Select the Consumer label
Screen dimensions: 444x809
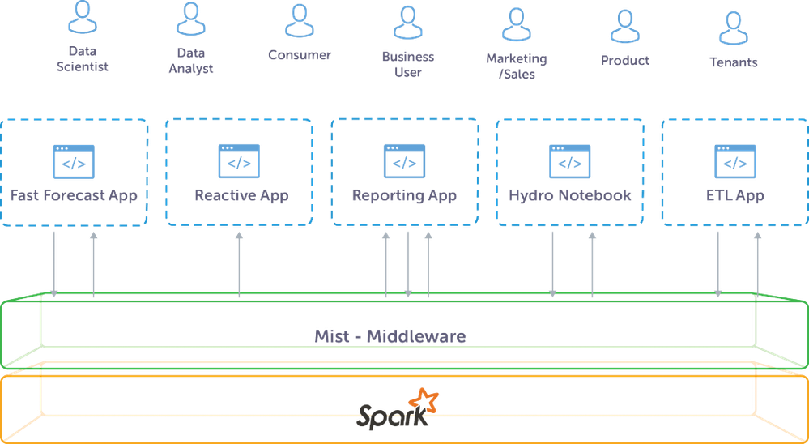tap(300, 56)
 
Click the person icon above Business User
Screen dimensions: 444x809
tap(408, 22)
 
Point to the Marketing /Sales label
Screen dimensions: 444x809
tap(517, 64)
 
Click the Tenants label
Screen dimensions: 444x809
tap(734, 62)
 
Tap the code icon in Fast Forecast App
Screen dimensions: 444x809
tap(73, 161)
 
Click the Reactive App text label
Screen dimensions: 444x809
tap(241, 196)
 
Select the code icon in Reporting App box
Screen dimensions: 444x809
tap(403, 161)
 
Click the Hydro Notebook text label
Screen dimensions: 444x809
tap(570, 196)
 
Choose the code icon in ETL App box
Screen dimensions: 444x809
tap(734, 161)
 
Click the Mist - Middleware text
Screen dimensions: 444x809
tap(390, 335)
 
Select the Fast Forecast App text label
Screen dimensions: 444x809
tap(73, 196)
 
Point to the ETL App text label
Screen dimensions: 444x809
tap(734, 196)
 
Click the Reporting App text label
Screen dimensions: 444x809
tap(403, 196)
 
